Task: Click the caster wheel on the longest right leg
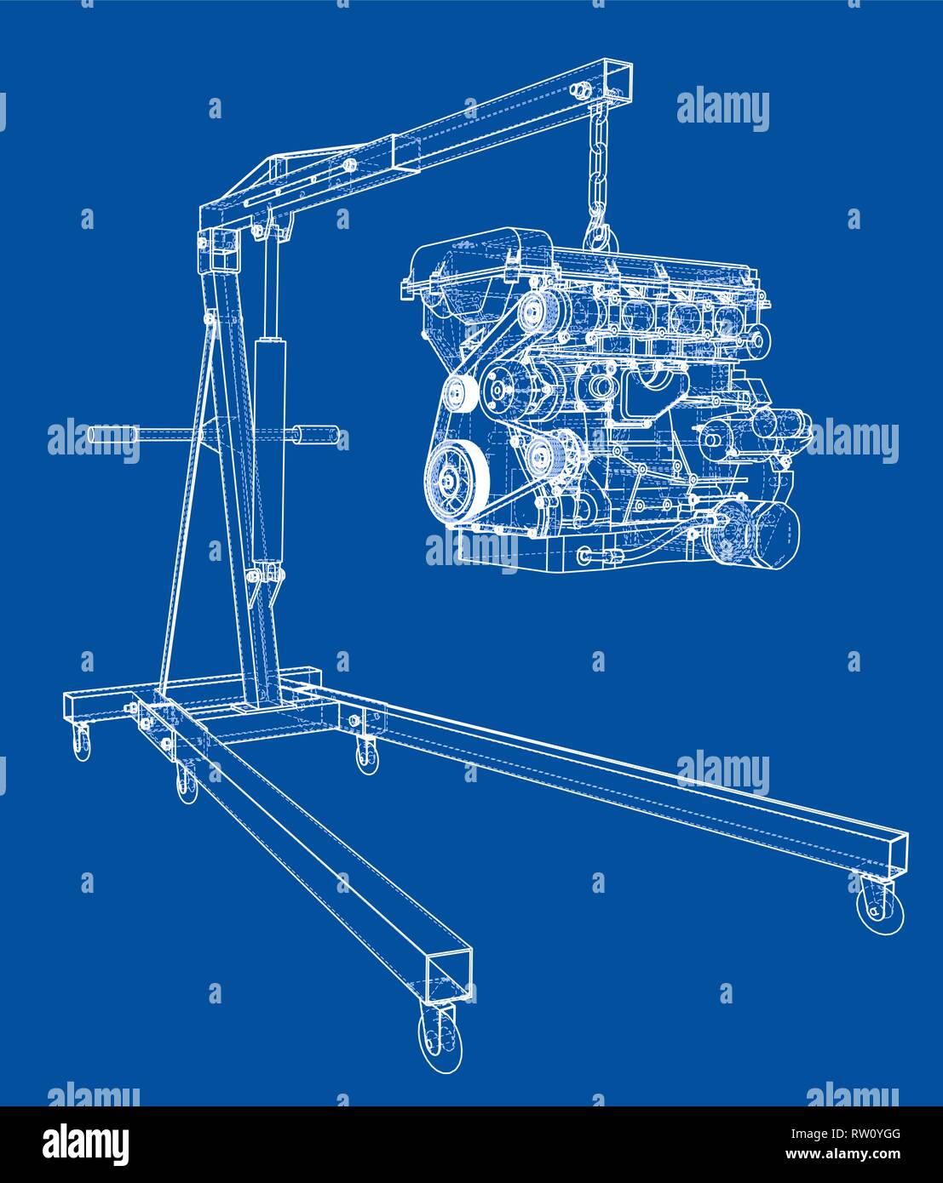(x=877, y=906)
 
